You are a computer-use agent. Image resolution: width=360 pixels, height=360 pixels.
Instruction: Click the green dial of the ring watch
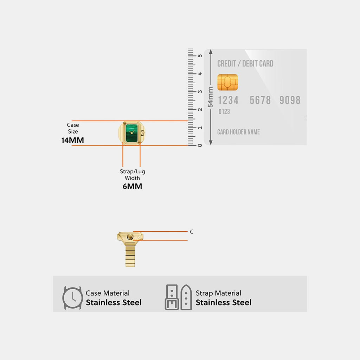coord(131,133)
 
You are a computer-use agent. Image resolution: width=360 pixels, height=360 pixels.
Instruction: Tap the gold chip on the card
coord(227,82)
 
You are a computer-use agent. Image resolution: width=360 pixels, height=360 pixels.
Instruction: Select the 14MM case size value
coord(72,140)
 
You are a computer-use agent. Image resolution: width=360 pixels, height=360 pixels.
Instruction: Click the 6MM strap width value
coord(132,186)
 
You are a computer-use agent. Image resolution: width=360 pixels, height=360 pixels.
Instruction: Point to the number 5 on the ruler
coord(200,56)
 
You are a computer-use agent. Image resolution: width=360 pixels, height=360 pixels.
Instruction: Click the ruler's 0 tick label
coord(200,145)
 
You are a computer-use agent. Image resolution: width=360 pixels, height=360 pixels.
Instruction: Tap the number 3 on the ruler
coord(200,92)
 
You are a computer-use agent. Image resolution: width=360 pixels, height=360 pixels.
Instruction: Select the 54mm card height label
coord(210,97)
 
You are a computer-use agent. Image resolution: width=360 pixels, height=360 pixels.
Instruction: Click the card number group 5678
coord(260,100)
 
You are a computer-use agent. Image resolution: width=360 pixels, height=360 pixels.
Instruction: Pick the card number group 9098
coord(290,100)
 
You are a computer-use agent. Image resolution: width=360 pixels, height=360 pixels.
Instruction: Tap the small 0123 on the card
coord(224,111)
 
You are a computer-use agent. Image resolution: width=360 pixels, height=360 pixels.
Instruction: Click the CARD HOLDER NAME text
coord(239,132)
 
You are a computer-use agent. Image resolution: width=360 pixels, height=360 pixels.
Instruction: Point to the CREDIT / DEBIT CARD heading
coord(245,64)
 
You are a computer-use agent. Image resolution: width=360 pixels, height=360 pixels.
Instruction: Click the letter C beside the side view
coord(192,232)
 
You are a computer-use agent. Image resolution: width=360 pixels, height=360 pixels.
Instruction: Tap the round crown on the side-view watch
coord(130,237)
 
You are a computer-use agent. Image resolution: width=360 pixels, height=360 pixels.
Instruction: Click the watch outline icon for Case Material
coord(72,298)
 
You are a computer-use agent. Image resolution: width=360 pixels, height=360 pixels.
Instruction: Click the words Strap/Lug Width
coord(133,175)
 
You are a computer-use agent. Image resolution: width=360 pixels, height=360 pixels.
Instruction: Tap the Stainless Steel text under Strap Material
coord(223,302)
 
